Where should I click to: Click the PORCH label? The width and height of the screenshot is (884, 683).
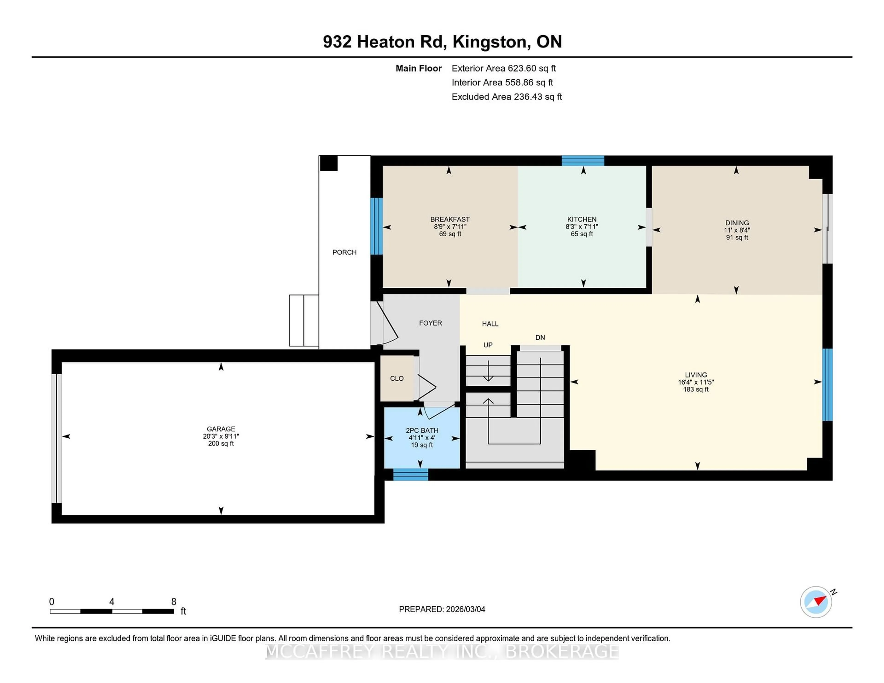click(x=344, y=252)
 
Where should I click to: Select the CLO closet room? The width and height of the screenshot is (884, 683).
click(x=397, y=378)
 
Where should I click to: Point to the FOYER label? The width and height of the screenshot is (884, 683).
click(x=430, y=323)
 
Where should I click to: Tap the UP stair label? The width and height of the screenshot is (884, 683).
click(x=488, y=345)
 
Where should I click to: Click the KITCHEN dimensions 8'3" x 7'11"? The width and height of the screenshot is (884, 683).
click(x=582, y=227)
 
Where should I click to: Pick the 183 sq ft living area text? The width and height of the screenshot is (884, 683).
click(x=696, y=389)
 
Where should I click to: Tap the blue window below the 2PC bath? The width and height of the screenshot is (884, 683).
click(x=410, y=474)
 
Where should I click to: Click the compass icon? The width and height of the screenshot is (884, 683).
click(x=816, y=602)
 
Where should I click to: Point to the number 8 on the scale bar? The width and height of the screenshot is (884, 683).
click(x=174, y=602)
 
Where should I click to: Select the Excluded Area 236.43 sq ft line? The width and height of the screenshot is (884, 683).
click(x=506, y=97)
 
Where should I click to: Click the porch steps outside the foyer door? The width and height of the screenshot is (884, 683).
click(x=304, y=321)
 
